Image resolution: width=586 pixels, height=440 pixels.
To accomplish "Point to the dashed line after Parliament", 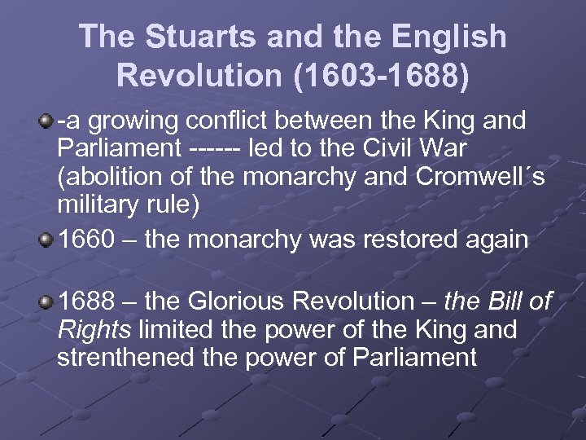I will click(213, 150).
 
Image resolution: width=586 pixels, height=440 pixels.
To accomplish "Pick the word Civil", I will click(396, 150).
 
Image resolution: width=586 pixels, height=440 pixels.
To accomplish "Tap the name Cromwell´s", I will click(485, 178).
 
